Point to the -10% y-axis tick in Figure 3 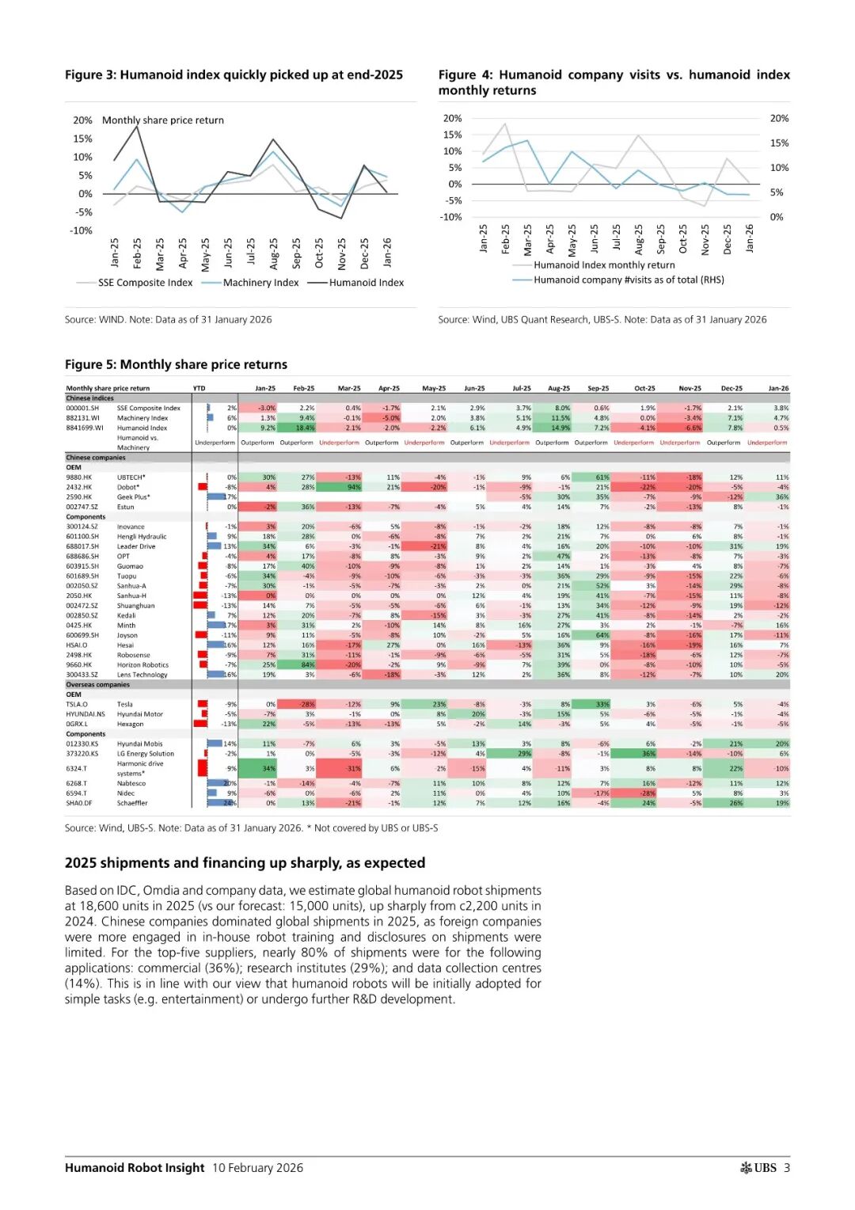click(x=82, y=230)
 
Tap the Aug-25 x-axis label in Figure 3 click(x=274, y=253)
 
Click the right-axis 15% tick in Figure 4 click(x=779, y=143)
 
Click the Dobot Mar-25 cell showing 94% click(x=353, y=487)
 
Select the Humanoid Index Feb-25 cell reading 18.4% click(x=305, y=428)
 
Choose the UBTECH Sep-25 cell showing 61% click(x=602, y=478)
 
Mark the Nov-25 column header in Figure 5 click(x=690, y=388)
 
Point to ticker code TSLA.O click(x=77, y=704)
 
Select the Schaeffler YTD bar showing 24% click(x=222, y=803)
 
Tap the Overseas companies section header click(x=97, y=684)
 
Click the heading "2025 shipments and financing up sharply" click(x=245, y=862)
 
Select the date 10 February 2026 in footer click(x=257, y=1167)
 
